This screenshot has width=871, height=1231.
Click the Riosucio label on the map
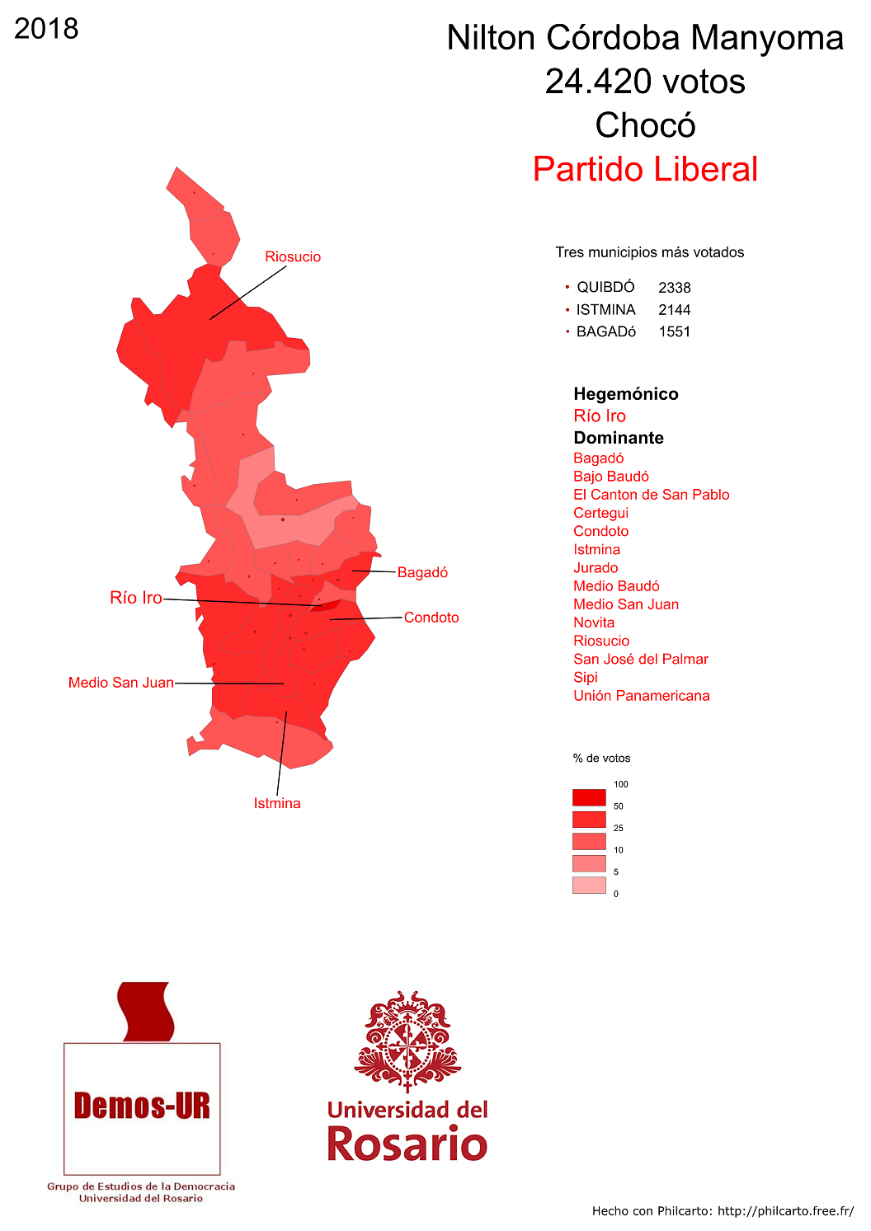click(x=293, y=256)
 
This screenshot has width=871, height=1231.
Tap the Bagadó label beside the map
click(x=422, y=572)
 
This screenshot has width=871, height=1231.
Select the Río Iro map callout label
click(x=136, y=598)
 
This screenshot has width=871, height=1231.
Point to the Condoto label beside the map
click(x=431, y=618)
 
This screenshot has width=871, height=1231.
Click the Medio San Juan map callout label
click(x=121, y=683)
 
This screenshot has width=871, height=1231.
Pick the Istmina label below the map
click(x=277, y=803)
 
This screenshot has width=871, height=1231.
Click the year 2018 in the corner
click(x=46, y=29)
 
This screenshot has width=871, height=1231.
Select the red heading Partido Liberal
click(x=645, y=169)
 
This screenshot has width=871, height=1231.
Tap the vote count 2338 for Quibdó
click(x=675, y=288)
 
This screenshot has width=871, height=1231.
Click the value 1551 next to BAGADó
click(x=675, y=331)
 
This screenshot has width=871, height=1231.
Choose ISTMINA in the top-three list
click(x=605, y=310)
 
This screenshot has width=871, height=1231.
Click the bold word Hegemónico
click(x=626, y=394)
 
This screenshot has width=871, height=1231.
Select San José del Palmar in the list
click(x=641, y=659)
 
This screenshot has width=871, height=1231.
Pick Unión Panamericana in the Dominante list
click(x=642, y=695)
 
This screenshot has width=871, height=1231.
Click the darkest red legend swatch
click(x=589, y=797)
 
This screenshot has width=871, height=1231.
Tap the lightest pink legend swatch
click(x=589, y=885)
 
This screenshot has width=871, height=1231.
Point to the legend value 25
click(x=619, y=828)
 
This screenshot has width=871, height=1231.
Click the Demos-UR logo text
click(x=142, y=1106)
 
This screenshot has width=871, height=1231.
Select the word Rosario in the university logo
click(x=407, y=1144)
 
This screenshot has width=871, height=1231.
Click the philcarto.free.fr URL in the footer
click(x=785, y=1210)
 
